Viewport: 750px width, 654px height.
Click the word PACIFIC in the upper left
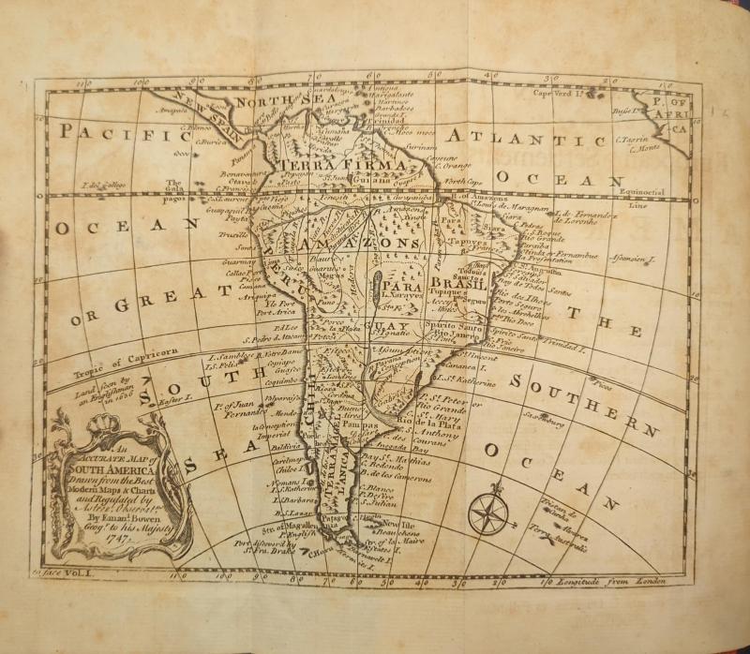(x=118, y=134)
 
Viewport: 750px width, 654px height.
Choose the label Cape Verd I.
(x=560, y=93)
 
